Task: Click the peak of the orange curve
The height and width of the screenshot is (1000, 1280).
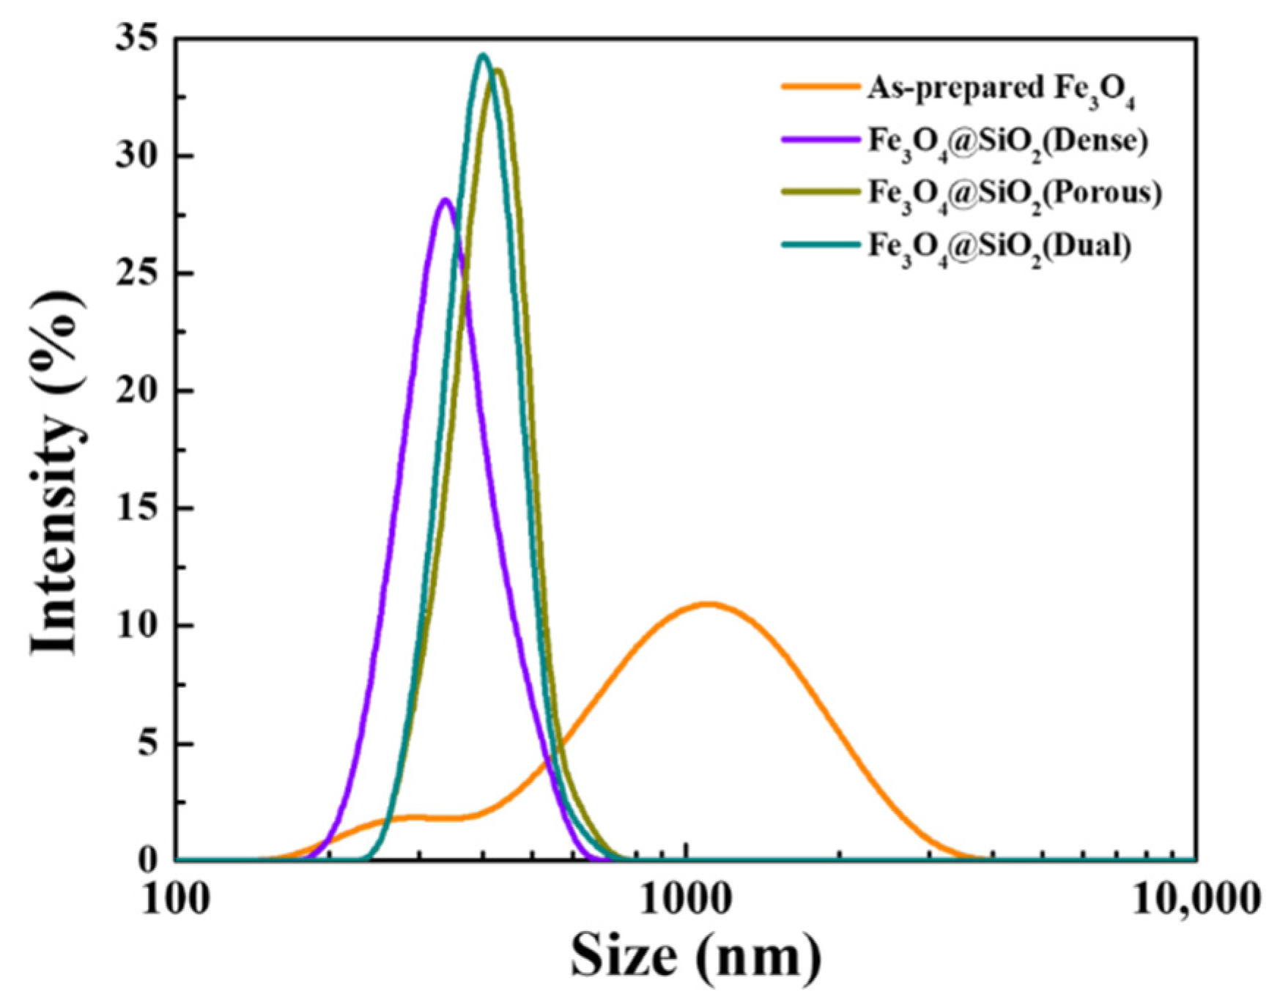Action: pyautogui.click(x=708, y=604)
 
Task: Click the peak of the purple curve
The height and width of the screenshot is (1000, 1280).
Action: pyautogui.click(x=444, y=199)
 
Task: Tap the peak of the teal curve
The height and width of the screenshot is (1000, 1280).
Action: pyautogui.click(x=482, y=55)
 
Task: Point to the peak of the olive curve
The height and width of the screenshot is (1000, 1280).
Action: pyautogui.click(x=498, y=70)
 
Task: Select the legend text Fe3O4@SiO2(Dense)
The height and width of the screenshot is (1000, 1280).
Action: pyautogui.click(x=1007, y=141)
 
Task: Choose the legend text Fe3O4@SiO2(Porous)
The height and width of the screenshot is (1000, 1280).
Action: pyautogui.click(x=1015, y=193)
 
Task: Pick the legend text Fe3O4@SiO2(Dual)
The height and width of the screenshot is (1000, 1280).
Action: pyautogui.click(x=999, y=246)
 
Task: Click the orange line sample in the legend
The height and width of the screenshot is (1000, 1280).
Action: pyautogui.click(x=820, y=86)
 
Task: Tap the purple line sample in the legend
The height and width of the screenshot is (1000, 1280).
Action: pyautogui.click(x=820, y=138)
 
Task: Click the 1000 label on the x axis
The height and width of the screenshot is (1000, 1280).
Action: pyautogui.click(x=686, y=900)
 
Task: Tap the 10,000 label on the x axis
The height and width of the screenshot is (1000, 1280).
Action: pyautogui.click(x=1196, y=900)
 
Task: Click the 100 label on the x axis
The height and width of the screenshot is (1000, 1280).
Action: pyautogui.click(x=175, y=900)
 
